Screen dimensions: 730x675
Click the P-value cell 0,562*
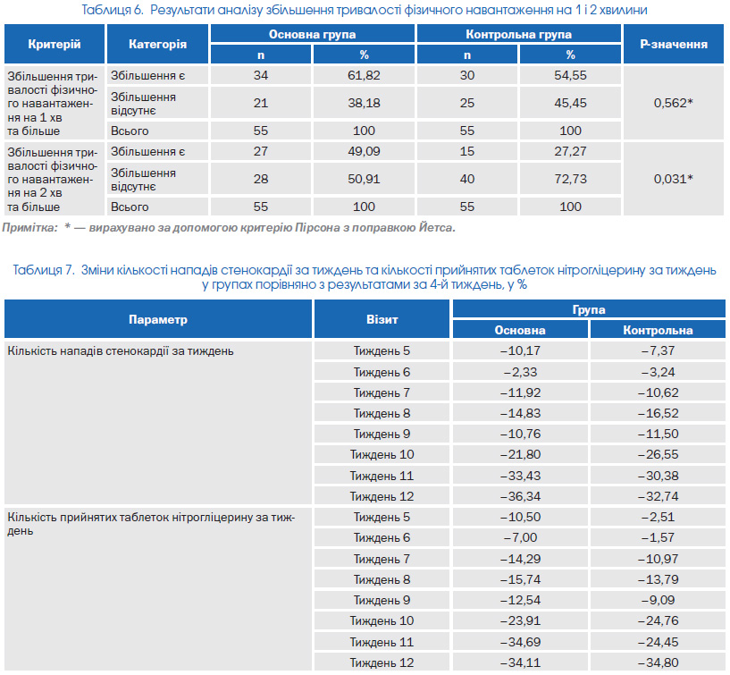click(673, 103)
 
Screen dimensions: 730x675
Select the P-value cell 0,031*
click(673, 179)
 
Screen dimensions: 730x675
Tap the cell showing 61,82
click(364, 75)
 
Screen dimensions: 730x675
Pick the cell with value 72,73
click(570, 179)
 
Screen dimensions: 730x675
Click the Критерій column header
click(55, 44)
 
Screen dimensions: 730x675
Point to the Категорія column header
click(157, 44)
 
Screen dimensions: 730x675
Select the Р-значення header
click(673, 44)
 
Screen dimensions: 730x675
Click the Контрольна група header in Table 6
click(518, 35)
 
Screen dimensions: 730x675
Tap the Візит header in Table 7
click(382, 319)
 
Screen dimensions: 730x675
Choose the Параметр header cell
click(158, 319)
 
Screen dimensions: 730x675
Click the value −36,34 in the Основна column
click(520, 496)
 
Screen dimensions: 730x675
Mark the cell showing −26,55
click(658, 455)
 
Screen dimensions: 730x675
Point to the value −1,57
click(658, 537)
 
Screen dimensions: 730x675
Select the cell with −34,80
click(658, 662)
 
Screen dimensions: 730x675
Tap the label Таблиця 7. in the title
click(44, 270)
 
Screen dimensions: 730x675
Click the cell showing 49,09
click(364, 151)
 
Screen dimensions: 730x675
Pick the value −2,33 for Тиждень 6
click(520, 372)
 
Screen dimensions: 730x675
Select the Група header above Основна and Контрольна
click(589, 309)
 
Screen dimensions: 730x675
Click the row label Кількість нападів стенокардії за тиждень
click(121, 350)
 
